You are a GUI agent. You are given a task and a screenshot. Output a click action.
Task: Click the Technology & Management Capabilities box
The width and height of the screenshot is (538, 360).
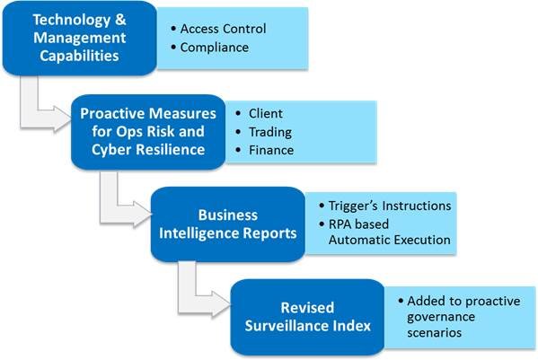click(80, 38)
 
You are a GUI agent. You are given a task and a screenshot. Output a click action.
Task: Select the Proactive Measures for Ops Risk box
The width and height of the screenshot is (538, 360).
click(148, 132)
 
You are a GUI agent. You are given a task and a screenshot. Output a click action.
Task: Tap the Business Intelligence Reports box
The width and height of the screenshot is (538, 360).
click(228, 224)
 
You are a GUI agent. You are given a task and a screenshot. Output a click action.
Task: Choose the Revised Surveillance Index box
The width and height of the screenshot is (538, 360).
click(307, 317)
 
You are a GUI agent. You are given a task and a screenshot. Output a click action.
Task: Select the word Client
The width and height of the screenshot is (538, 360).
click(266, 113)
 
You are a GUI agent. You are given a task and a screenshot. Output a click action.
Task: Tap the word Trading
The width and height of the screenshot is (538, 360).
click(270, 132)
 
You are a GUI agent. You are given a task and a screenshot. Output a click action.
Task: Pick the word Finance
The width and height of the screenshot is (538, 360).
click(271, 150)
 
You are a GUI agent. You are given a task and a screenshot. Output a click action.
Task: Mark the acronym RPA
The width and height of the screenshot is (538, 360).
click(341, 224)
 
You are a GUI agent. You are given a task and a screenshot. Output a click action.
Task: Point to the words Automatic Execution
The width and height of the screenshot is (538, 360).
click(390, 240)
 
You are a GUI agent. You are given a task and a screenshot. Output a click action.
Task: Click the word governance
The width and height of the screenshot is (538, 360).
click(441, 318)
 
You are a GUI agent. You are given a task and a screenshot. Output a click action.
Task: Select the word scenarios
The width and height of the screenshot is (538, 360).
click(434, 332)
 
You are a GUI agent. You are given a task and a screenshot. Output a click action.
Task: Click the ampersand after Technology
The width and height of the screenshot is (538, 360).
click(120, 20)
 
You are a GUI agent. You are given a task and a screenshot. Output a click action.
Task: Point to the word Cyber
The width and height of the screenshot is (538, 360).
click(110, 150)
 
